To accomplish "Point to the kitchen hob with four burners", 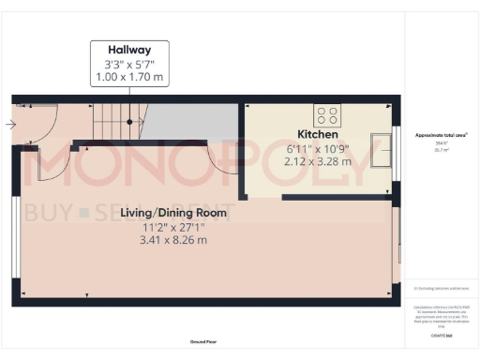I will pyautogui.click(x=328, y=115).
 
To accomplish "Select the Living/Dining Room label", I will pyautogui.click(x=173, y=213).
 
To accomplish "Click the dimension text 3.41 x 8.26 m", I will pyautogui.click(x=173, y=240).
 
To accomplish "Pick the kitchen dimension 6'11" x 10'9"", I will pyautogui.click(x=318, y=148).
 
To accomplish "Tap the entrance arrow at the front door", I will pyautogui.click(x=9, y=123).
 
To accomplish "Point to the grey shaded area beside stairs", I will pyautogui.click(x=192, y=122).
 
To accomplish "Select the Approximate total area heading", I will pyautogui.click(x=441, y=135).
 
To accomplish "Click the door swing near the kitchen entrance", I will pyautogui.click(x=225, y=159).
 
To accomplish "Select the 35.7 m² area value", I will pyautogui.click(x=440, y=149).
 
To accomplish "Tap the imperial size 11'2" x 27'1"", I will pyautogui.click(x=173, y=227).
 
